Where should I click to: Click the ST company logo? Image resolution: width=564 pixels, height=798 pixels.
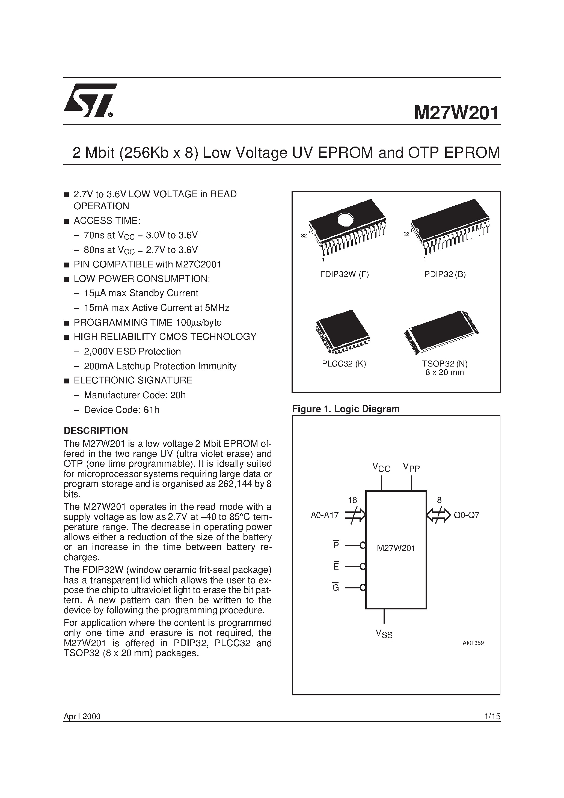click(90, 101)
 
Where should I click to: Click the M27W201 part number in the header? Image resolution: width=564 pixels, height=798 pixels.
click(456, 113)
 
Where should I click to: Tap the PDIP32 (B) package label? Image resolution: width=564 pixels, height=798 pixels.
click(445, 274)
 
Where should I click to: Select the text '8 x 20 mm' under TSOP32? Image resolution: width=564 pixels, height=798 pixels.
click(444, 373)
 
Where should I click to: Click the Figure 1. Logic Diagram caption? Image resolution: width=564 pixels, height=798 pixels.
click(346, 409)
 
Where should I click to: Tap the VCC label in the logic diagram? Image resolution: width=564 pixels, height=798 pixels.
click(381, 468)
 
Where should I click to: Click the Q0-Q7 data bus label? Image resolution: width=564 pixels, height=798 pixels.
click(467, 515)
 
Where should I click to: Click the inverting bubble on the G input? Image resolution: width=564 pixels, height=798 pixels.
click(363, 587)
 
